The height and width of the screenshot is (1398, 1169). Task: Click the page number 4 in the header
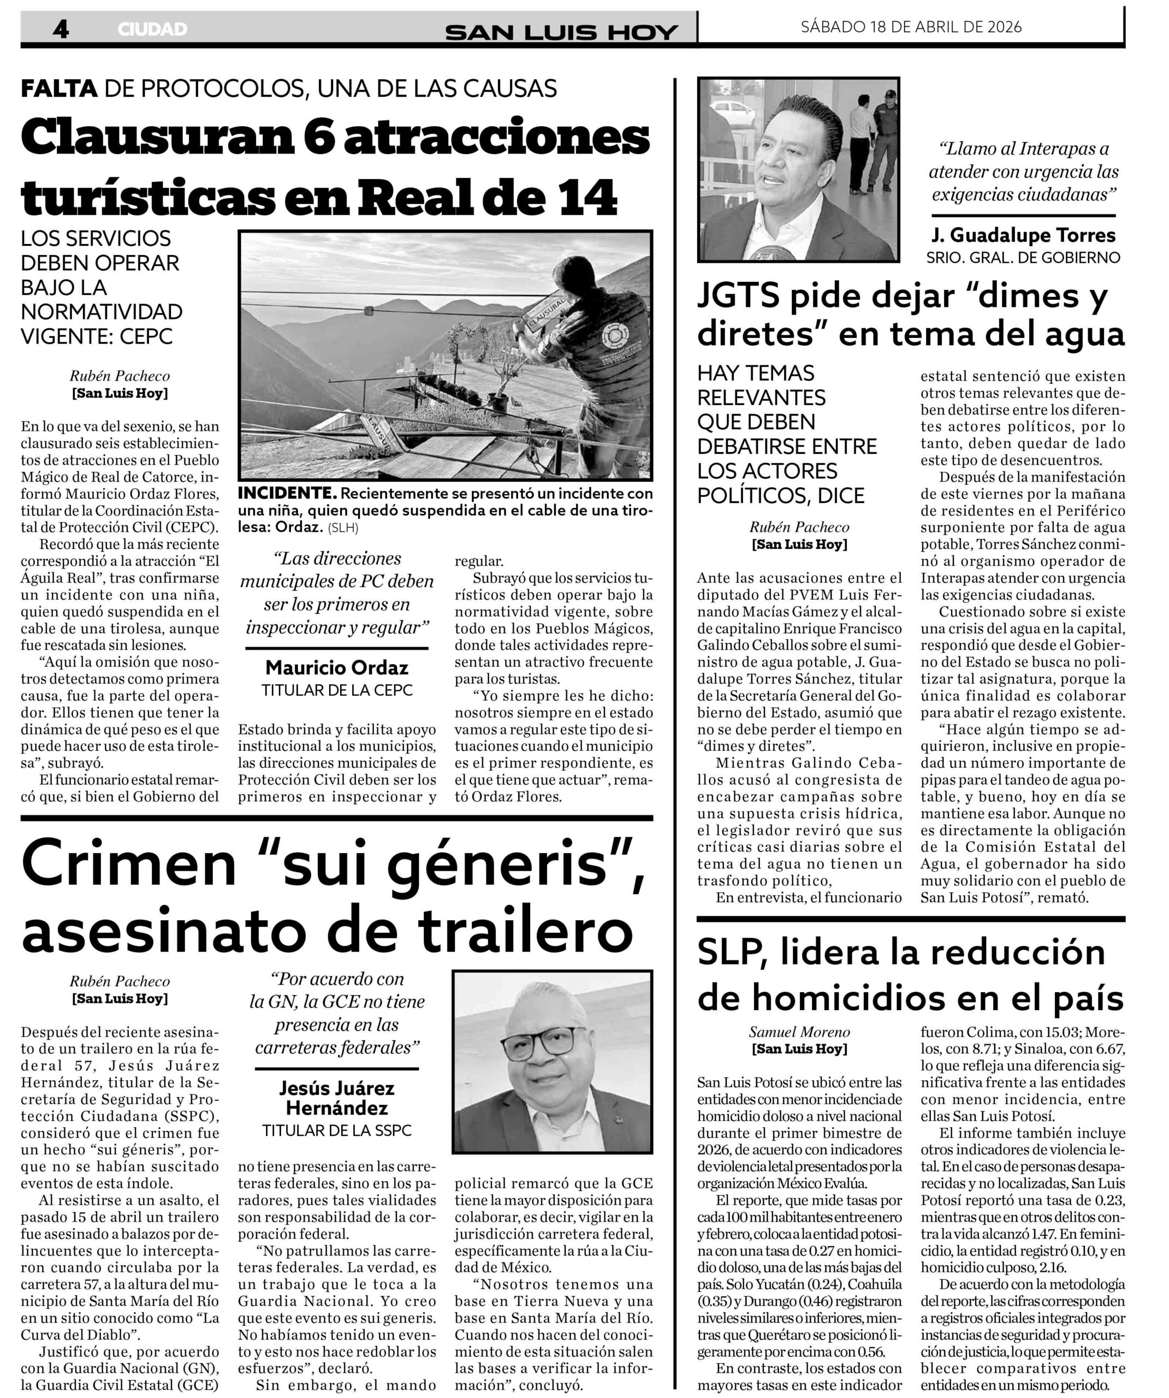pyautogui.click(x=61, y=29)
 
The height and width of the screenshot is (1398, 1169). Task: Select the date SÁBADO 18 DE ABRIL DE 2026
pyautogui.click(x=911, y=27)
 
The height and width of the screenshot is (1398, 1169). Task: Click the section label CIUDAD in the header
pyautogui.click(x=152, y=29)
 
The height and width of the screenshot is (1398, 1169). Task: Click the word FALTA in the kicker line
pyautogui.click(x=60, y=88)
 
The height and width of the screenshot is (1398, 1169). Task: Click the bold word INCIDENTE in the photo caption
pyautogui.click(x=287, y=493)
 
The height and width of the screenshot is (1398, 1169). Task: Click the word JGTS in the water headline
pyautogui.click(x=738, y=296)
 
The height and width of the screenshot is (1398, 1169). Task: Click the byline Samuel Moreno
pyautogui.click(x=799, y=1032)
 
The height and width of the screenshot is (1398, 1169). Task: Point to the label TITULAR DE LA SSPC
pyautogui.click(x=337, y=1130)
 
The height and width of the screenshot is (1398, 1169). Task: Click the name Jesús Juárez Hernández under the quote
pyautogui.click(x=337, y=1098)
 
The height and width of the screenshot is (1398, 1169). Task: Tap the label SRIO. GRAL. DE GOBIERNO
pyautogui.click(x=1023, y=257)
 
